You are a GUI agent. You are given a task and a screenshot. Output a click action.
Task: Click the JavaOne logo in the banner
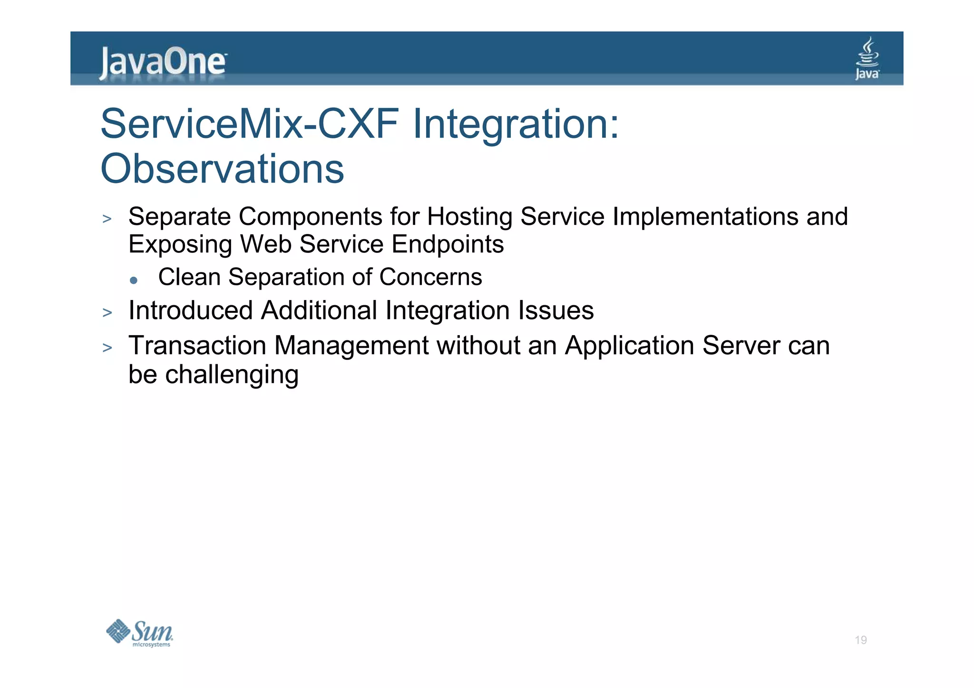(163, 62)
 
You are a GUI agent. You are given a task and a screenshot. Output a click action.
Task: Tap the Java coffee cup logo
(867, 58)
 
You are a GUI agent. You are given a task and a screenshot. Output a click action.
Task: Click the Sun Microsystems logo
(140, 633)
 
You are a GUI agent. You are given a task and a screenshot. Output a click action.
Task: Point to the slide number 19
(860, 640)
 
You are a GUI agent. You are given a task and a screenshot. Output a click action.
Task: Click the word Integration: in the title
(516, 124)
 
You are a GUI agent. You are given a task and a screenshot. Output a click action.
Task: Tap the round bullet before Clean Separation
(134, 281)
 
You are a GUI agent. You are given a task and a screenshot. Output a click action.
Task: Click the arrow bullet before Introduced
(107, 313)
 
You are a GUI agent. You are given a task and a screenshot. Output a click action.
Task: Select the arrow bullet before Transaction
(107, 348)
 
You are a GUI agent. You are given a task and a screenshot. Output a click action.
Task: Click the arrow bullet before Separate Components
(107, 219)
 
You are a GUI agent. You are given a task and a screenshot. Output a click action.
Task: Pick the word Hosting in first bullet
(469, 217)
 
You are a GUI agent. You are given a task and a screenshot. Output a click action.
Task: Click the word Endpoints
(448, 244)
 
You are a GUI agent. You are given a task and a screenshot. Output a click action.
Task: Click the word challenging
(232, 375)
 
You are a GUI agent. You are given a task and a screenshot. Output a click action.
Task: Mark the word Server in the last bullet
(741, 346)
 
